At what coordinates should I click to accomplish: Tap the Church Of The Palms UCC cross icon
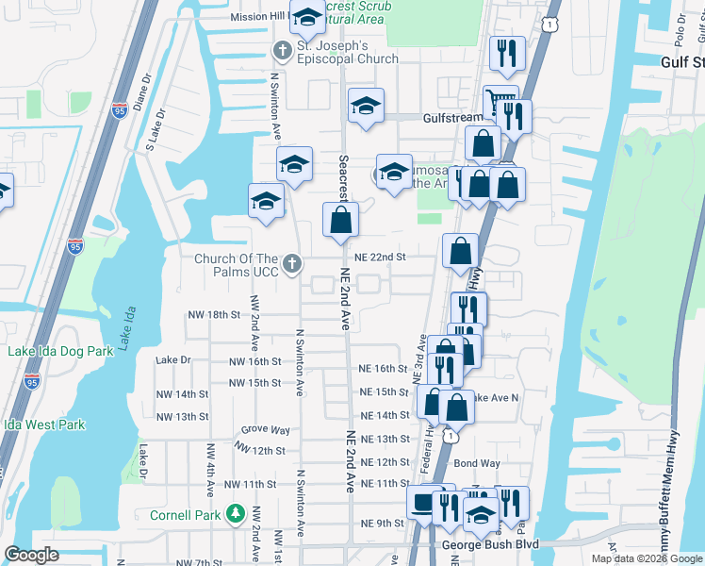pos(292,264)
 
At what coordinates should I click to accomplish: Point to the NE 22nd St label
pos(380,258)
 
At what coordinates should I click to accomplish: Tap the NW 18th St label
pos(215,314)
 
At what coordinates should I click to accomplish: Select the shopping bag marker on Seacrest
pos(341,221)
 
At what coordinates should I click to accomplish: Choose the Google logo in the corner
pos(32,555)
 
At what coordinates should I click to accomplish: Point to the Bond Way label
pos(477,463)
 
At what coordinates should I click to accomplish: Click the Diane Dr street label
pos(141,92)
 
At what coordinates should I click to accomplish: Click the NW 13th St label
pos(182,416)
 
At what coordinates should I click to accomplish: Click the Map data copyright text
pos(647,558)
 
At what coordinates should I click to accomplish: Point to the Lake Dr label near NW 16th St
pos(173,360)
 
